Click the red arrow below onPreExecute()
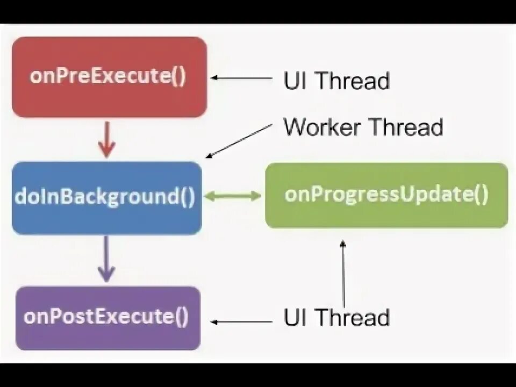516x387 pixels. click(107, 139)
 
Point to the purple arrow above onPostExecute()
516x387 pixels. click(106, 259)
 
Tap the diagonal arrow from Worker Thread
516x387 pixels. click(240, 141)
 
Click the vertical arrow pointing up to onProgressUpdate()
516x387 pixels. click(343, 274)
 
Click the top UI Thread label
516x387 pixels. click(336, 81)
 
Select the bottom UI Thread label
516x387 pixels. click(336, 317)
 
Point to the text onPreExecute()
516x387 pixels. click(108, 76)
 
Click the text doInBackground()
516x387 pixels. click(105, 197)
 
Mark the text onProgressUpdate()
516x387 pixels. click(386, 194)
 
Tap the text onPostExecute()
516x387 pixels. click(106, 316)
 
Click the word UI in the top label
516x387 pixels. click(295, 81)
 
